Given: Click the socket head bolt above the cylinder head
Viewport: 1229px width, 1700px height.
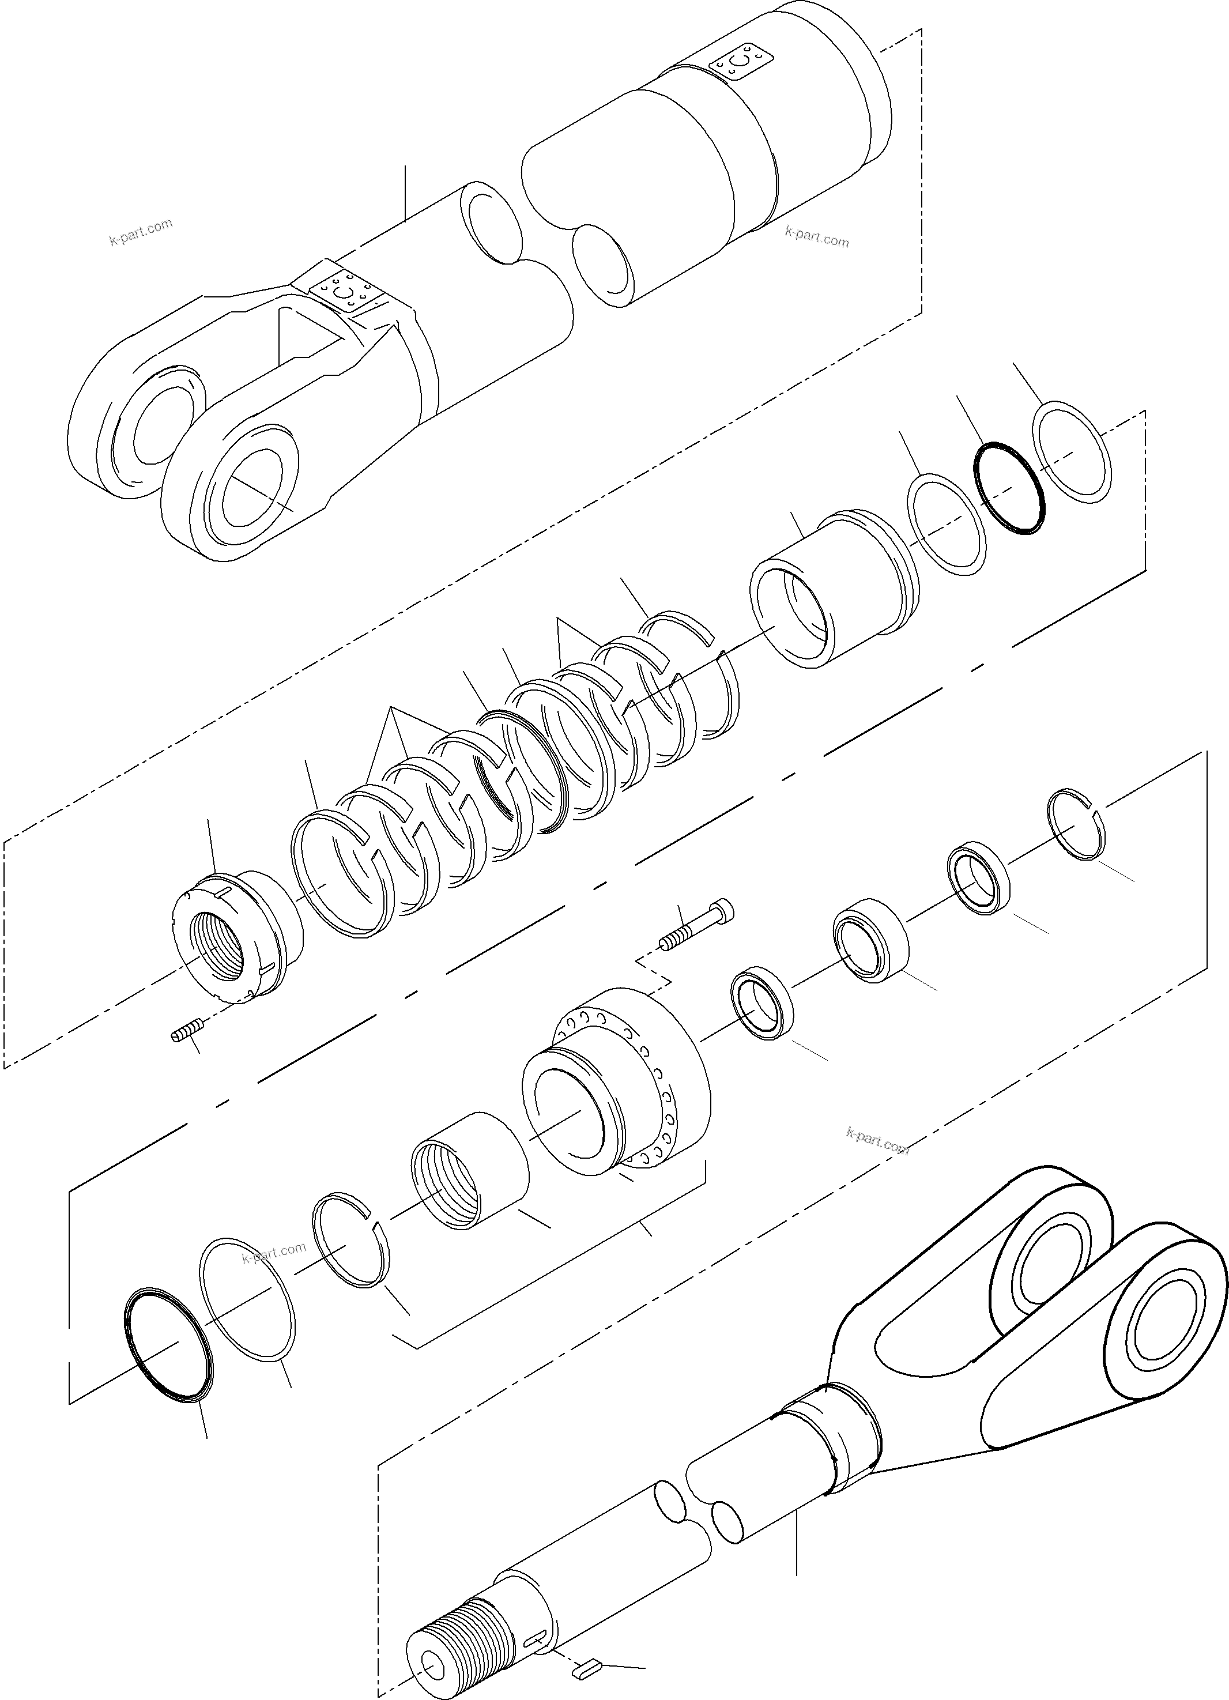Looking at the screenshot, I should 697,924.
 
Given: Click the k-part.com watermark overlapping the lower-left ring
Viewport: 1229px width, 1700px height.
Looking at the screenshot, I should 274,1248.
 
